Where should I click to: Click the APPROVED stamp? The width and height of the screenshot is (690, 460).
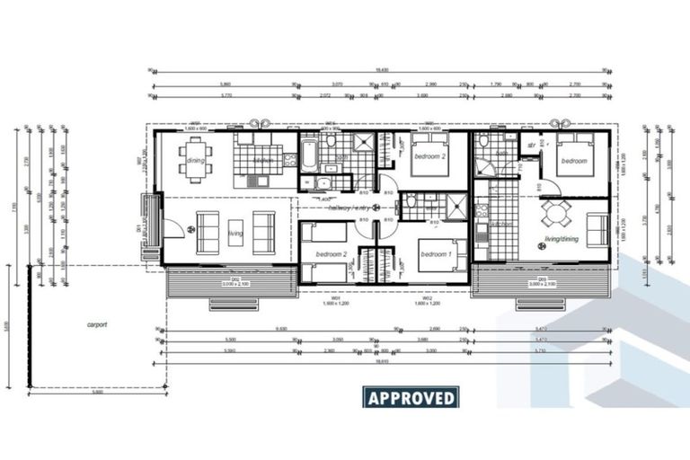[411, 397]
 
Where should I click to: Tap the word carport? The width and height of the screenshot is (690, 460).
[97, 325]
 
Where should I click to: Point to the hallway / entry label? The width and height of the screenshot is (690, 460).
[349, 208]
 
